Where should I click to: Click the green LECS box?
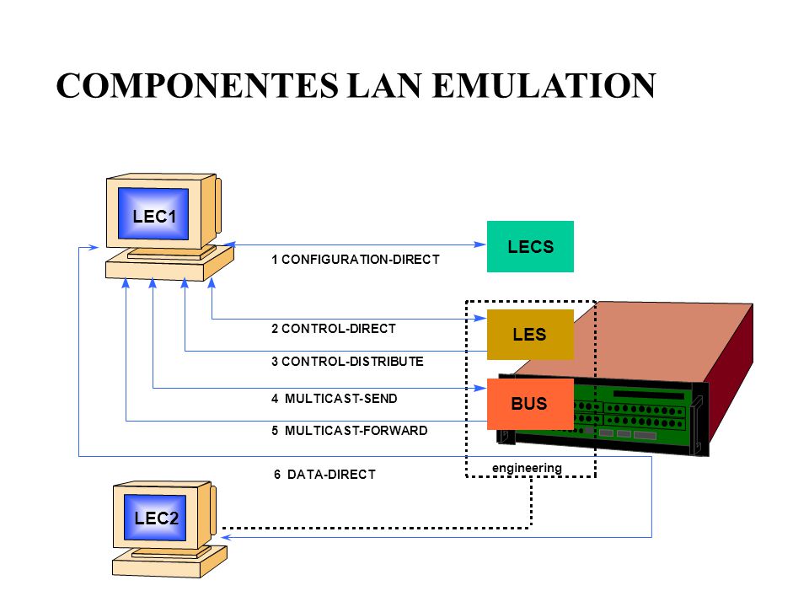tap(530, 246)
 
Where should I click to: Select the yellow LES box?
tap(530, 334)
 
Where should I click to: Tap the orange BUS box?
tap(530, 404)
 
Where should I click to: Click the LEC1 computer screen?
tap(153, 213)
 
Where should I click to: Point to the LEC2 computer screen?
tap(155, 517)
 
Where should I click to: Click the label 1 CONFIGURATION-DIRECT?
tap(356, 259)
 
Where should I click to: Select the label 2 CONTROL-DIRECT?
tap(334, 328)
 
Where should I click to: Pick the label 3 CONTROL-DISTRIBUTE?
tap(347, 362)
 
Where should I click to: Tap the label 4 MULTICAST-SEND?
tap(335, 399)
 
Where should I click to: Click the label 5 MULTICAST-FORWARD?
tap(349, 431)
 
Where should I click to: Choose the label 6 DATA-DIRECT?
tap(324, 475)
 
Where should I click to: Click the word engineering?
tap(527, 468)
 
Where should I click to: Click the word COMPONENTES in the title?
tap(197, 85)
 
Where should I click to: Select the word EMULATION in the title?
tap(544, 85)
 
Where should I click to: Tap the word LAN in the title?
tap(385, 85)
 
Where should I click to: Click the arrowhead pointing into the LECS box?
tap(480, 244)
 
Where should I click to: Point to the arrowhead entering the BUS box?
tap(480, 388)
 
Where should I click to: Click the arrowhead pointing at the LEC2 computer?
tap(227, 537)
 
